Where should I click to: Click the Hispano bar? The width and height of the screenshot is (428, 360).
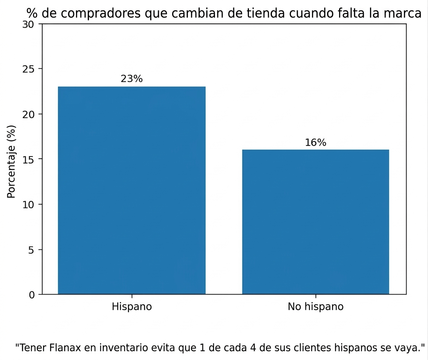(132, 191)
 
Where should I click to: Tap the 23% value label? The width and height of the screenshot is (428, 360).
(132, 79)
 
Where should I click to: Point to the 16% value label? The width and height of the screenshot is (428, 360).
(316, 143)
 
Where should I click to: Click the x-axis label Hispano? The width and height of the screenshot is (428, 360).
(132, 307)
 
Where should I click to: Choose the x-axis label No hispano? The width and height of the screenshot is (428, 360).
(316, 307)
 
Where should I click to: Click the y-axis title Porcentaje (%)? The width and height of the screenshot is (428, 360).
(12, 161)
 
